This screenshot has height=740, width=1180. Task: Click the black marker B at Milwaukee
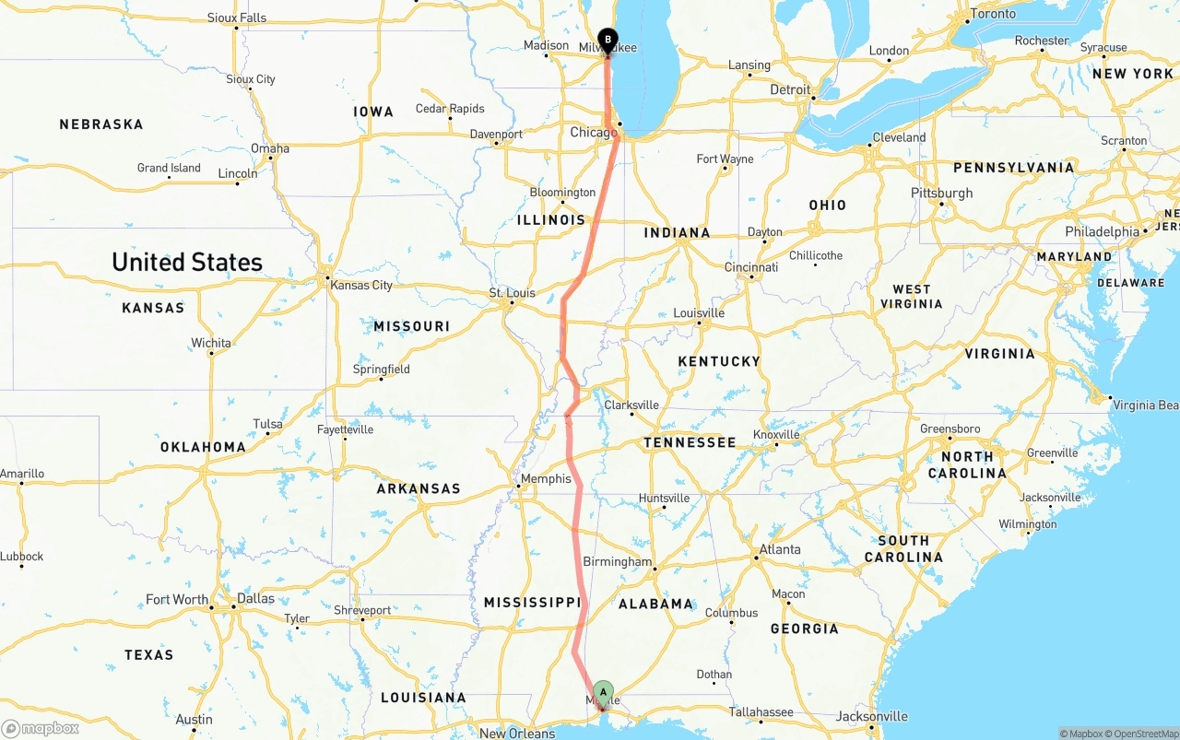[608, 40]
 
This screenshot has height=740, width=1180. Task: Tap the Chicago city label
[594, 133]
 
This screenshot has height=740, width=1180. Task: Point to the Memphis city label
[546, 479]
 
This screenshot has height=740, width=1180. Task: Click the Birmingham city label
[617, 561]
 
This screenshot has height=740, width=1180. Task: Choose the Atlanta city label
[779, 549]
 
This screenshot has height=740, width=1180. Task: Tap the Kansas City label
[361, 285]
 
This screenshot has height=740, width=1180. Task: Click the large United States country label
[187, 263]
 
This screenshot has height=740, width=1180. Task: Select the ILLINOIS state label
[551, 220]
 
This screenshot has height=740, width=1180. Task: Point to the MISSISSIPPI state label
[532, 603]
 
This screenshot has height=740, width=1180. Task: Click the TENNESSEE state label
[690, 442]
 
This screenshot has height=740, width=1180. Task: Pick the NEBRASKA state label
[101, 124]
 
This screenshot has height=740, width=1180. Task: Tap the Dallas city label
[255, 598]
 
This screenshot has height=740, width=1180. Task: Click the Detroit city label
[790, 89]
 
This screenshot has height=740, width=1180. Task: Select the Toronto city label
[992, 14]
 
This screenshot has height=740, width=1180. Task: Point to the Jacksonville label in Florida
[871, 716]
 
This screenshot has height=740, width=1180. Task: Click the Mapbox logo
[41, 728]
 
